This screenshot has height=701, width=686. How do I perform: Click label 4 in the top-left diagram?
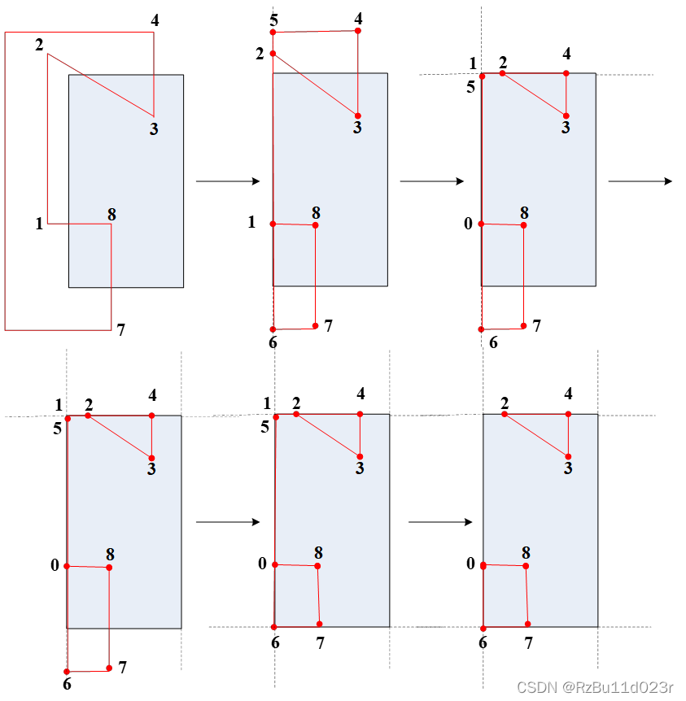point(155,20)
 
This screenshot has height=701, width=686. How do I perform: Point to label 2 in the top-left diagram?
point(39,45)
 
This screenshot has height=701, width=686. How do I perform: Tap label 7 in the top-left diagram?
point(121,329)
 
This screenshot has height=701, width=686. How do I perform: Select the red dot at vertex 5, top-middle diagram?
point(273,33)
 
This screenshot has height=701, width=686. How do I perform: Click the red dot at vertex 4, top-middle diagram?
point(357,31)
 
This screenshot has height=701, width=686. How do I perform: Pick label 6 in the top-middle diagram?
point(273,342)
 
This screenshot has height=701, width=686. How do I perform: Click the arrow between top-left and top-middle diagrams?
point(228,181)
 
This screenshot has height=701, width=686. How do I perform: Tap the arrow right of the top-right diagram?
point(640,181)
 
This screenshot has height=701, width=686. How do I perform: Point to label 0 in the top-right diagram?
point(468,223)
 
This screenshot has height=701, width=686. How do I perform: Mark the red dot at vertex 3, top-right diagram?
point(566,115)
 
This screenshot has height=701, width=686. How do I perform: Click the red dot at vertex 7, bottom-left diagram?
point(109,668)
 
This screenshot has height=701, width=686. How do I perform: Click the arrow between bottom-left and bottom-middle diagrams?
point(228,522)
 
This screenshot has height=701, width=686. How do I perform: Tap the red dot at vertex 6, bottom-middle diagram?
point(273,627)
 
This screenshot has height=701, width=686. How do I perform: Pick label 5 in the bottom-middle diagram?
point(265,427)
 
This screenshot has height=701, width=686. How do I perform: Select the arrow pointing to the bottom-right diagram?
point(440,522)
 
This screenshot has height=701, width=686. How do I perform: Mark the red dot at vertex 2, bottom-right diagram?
point(505,415)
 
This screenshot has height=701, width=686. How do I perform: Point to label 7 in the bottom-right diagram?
point(528,643)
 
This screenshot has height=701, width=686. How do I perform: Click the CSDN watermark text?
point(596,687)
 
